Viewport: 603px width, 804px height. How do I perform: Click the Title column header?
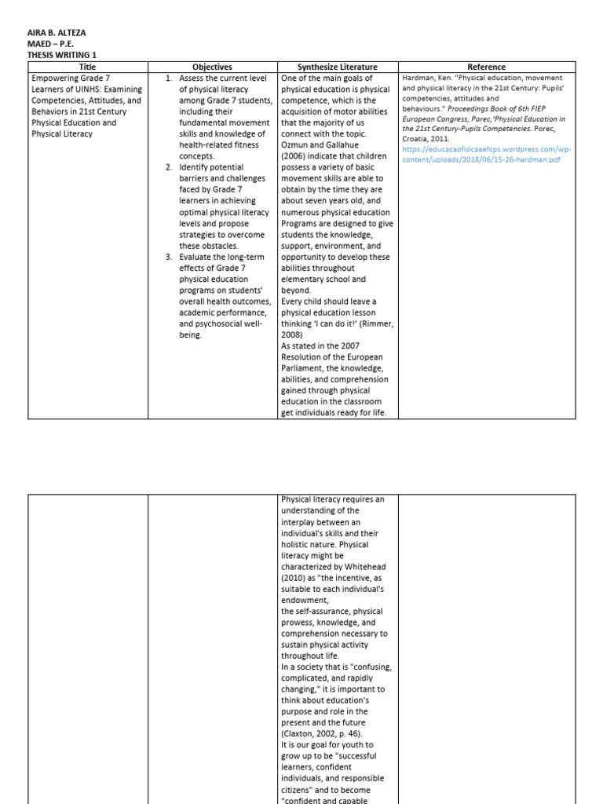(x=87, y=68)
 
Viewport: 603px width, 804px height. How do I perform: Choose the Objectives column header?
(x=212, y=68)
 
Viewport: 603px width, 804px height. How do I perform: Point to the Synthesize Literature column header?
(x=337, y=68)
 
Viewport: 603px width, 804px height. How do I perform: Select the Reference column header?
(x=487, y=68)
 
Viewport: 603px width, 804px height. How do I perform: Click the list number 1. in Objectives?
(x=169, y=79)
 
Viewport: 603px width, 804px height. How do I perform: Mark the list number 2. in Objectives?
(x=169, y=167)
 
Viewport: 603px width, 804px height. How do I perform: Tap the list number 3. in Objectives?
(x=169, y=257)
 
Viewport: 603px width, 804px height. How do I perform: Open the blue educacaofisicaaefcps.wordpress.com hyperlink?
(x=487, y=154)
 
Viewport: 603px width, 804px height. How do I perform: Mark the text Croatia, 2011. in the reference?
(x=426, y=137)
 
